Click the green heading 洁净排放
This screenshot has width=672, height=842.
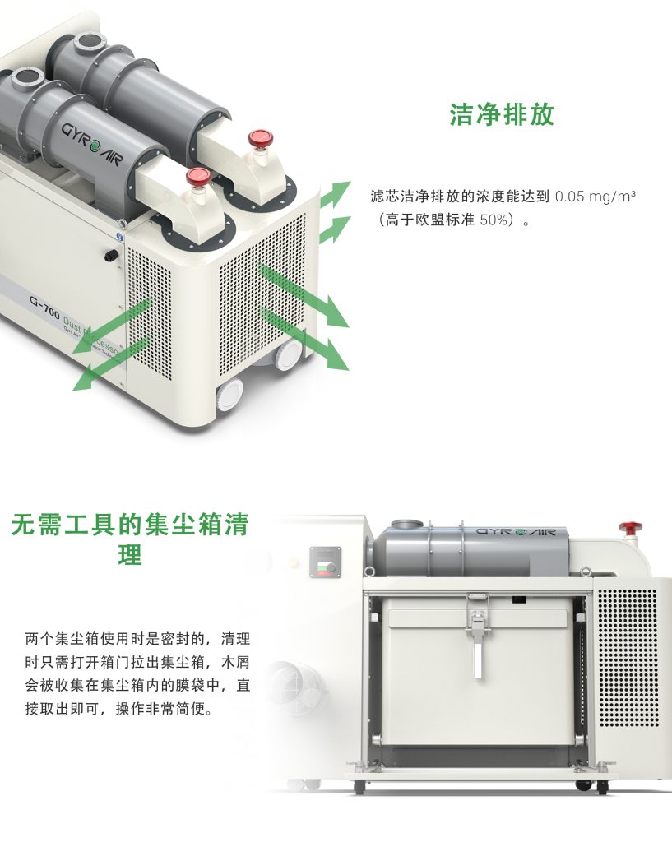pyautogui.click(x=502, y=115)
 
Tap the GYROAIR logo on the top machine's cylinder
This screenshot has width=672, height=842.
pyautogui.click(x=92, y=135)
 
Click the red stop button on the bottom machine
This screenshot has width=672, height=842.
pyautogui.click(x=631, y=525)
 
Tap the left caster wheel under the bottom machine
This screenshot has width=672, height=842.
pyautogui.click(x=359, y=787)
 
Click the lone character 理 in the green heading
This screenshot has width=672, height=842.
pyautogui.click(x=130, y=556)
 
